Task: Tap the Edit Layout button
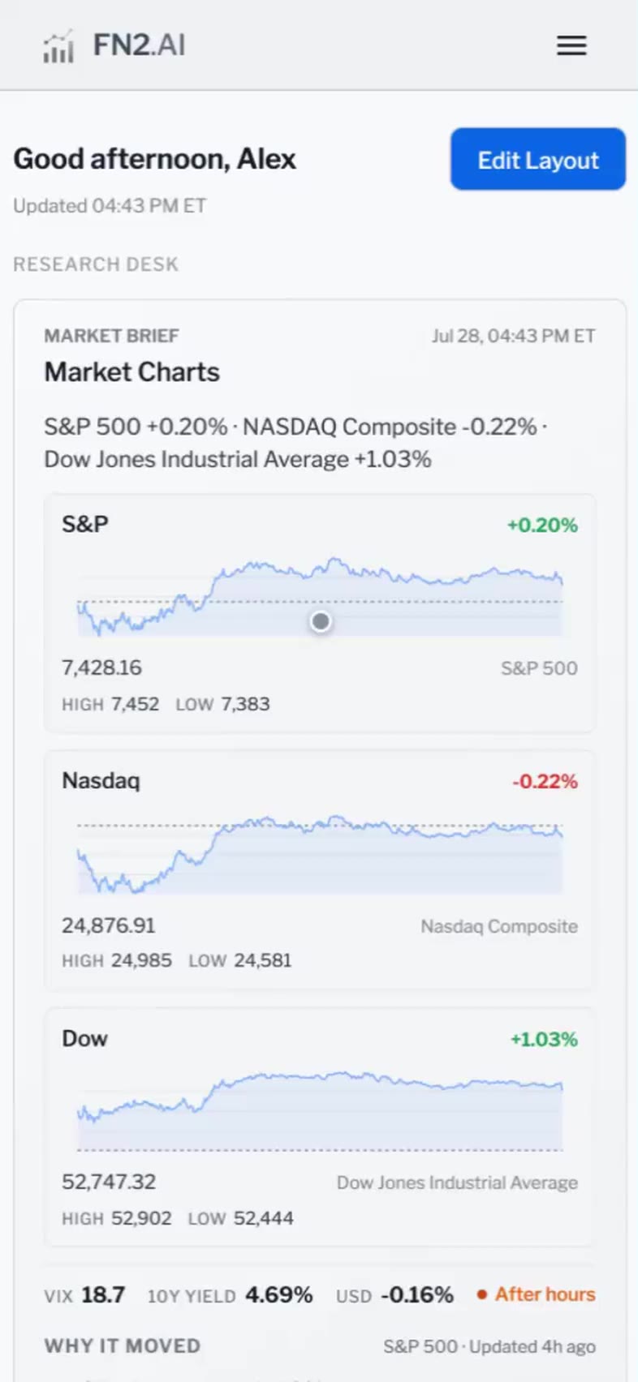point(538,159)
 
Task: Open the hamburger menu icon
point(571,45)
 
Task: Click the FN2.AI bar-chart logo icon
point(58,46)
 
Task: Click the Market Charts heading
point(132,372)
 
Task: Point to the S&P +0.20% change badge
point(542,525)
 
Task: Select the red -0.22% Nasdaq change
point(545,782)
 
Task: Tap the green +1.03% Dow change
point(544,1039)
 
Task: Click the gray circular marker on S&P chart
point(321,621)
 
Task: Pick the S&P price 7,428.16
point(102,667)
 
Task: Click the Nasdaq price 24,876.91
point(109,925)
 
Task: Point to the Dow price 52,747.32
point(109,1182)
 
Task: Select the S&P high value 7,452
point(136,704)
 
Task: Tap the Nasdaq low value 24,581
point(262,960)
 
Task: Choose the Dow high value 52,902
point(141,1218)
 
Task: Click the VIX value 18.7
point(103,1294)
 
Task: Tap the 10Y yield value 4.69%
point(278,1294)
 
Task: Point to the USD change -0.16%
point(417,1294)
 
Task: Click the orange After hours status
point(536,1294)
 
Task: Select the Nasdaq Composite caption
point(499,926)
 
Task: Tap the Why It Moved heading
point(123,1346)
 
